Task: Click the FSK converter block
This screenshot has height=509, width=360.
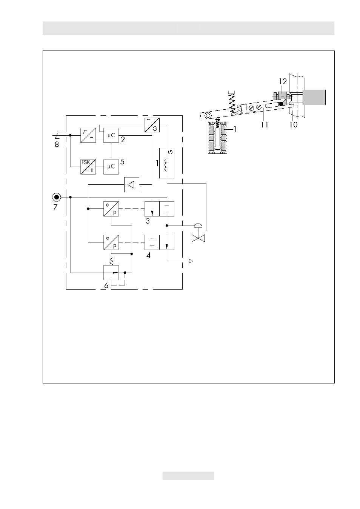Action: coord(88,167)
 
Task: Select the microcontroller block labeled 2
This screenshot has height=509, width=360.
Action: coord(111,135)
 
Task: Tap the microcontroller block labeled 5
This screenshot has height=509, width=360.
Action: coord(111,167)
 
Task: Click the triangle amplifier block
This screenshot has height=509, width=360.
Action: coord(132,184)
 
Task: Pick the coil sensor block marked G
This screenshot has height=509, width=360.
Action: coord(167,163)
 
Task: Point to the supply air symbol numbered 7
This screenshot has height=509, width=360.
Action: coord(56,197)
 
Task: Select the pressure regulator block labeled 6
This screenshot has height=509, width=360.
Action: coord(111,273)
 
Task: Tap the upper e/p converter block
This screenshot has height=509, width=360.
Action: coord(111,209)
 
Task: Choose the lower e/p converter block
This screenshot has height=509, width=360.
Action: coord(111,242)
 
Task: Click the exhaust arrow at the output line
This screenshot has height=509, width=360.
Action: coord(191,261)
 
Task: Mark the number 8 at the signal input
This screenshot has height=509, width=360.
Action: coord(57,144)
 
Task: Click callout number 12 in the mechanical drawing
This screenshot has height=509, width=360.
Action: coord(283,81)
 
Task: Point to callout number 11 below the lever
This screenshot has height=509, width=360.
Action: coord(264,124)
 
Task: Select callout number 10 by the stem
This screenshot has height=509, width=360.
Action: coord(293,124)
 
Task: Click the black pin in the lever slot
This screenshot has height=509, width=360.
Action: coord(281,104)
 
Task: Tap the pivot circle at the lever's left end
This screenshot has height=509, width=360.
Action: coord(208,116)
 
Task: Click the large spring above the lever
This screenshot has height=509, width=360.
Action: coord(232,101)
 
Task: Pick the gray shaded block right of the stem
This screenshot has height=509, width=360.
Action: coord(314,98)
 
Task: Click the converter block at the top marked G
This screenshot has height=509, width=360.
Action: coord(152,125)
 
